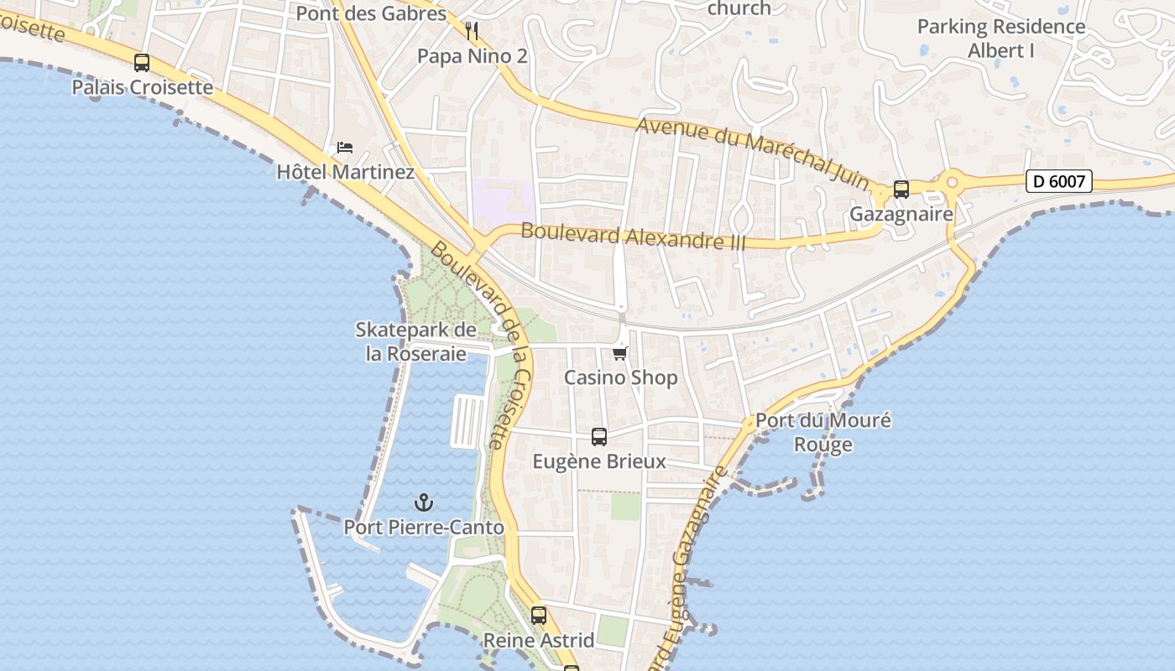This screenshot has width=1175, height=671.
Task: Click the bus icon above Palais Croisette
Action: (142, 63)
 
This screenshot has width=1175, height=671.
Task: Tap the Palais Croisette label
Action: (142, 87)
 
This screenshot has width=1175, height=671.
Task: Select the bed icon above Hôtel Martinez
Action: (345, 148)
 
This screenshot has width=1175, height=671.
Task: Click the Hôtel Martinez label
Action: (346, 172)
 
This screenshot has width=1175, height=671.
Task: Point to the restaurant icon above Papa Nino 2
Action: (472, 32)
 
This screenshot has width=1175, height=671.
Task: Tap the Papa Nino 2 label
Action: (473, 56)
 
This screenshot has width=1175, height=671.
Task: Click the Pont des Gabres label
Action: (371, 13)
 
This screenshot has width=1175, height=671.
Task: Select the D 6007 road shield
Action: (1058, 180)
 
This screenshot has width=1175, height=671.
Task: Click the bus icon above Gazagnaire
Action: (901, 190)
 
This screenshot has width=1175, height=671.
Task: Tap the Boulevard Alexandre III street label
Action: (633, 236)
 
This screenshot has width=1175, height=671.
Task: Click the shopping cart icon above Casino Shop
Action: (620, 353)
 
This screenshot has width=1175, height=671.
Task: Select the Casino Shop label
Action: (620, 377)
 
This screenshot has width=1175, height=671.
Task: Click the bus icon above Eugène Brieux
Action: (599, 437)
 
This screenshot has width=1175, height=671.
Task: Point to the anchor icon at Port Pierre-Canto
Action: (424, 503)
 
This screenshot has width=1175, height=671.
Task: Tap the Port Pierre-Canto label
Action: (424, 528)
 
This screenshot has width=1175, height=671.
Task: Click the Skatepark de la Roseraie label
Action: (415, 341)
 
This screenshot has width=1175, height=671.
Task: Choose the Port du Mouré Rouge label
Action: (823, 432)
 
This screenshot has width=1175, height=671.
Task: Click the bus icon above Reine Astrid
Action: (539, 616)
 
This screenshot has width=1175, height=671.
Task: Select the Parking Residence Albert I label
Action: (1001, 38)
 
